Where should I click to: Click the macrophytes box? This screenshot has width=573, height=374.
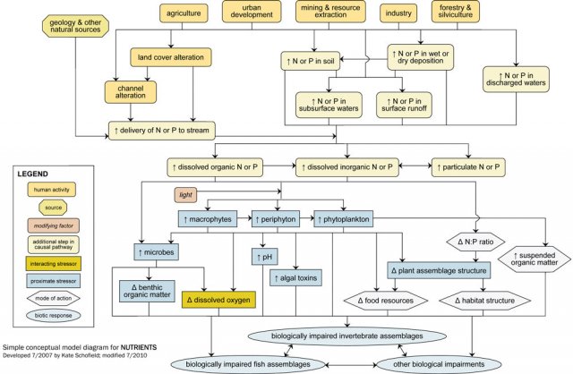(x=207, y=218)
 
